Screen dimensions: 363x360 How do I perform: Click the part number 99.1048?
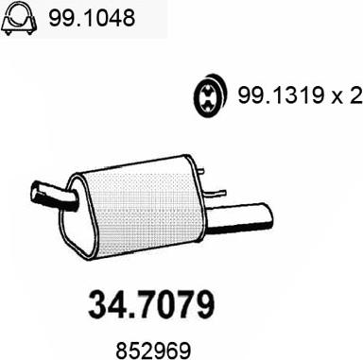(x=92, y=18)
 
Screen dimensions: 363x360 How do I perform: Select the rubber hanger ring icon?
(x=210, y=95)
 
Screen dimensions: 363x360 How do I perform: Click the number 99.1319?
(x=281, y=95)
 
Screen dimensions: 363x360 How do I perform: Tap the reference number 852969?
(x=154, y=351)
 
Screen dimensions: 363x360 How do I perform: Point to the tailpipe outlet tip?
(x=268, y=215)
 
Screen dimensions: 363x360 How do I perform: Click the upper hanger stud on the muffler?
(x=200, y=171)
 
